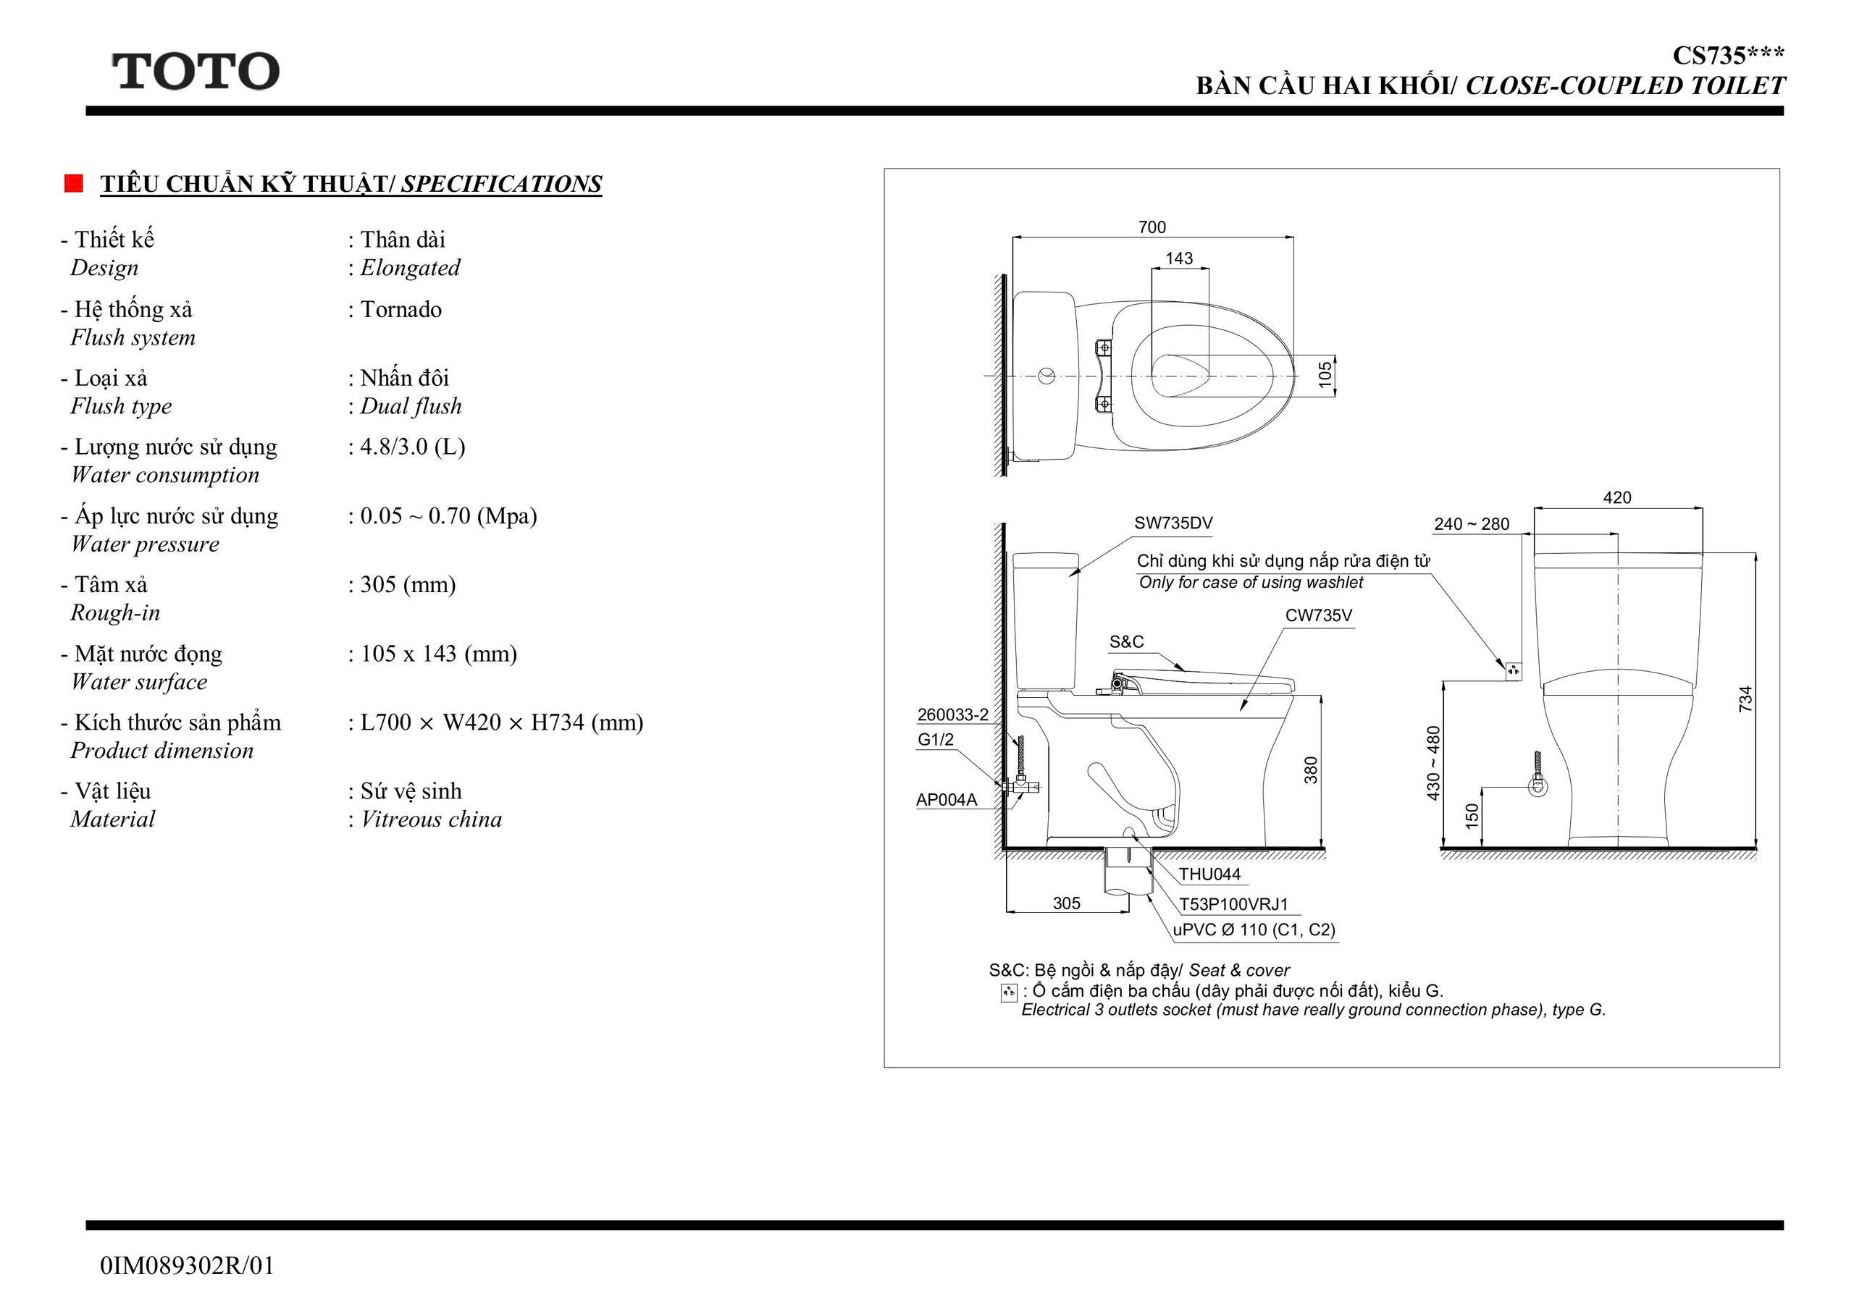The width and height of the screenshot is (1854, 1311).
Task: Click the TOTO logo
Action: pyautogui.click(x=196, y=71)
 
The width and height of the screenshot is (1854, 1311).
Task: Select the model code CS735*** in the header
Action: pyautogui.click(x=1728, y=56)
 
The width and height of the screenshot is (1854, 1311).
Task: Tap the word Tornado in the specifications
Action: pyautogui.click(x=400, y=309)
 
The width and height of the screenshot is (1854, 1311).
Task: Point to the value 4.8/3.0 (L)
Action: pyautogui.click(x=413, y=447)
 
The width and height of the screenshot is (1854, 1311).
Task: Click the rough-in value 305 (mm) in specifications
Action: pyautogui.click(x=408, y=584)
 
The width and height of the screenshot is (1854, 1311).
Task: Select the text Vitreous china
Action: pyautogui.click(x=431, y=819)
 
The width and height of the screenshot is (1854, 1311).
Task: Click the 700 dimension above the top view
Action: pyautogui.click(x=1152, y=227)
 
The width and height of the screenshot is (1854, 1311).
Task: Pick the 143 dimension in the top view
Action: pyautogui.click(x=1179, y=258)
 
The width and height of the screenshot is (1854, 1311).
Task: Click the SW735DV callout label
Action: pyautogui.click(x=1173, y=523)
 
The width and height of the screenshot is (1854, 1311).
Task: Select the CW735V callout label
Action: pyautogui.click(x=1319, y=615)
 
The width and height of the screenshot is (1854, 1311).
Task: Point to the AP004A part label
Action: pyautogui.click(x=947, y=800)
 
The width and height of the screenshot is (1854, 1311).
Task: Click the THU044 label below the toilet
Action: pyautogui.click(x=1209, y=874)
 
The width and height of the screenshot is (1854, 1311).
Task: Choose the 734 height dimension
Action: pyautogui.click(x=1746, y=699)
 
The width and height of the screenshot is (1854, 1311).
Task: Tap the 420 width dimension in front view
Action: pyautogui.click(x=1617, y=498)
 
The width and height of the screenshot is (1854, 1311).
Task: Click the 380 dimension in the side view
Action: pyautogui.click(x=1312, y=770)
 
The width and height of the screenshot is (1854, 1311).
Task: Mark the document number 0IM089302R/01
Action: pyautogui.click(x=188, y=1266)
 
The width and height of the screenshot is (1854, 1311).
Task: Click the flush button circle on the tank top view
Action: pyautogui.click(x=1046, y=376)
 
